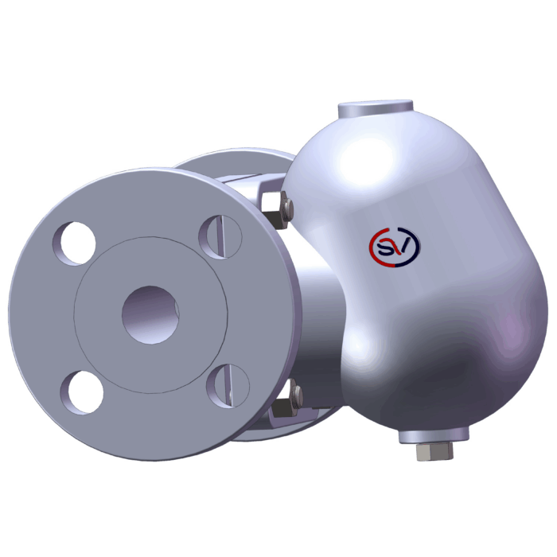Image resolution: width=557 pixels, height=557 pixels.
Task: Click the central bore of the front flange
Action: tap(150, 315)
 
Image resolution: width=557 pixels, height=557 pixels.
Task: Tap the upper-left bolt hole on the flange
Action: tap(74, 243)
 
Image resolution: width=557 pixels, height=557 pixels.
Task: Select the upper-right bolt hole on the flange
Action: tap(220, 237)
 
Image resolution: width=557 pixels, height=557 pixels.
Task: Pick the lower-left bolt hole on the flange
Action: tap(82, 392)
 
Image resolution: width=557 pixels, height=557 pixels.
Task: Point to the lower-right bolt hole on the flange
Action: tap(228, 386)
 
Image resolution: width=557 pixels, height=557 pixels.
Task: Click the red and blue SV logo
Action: tap(395, 247)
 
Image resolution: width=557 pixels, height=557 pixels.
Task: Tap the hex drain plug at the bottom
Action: tap(434, 451)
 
